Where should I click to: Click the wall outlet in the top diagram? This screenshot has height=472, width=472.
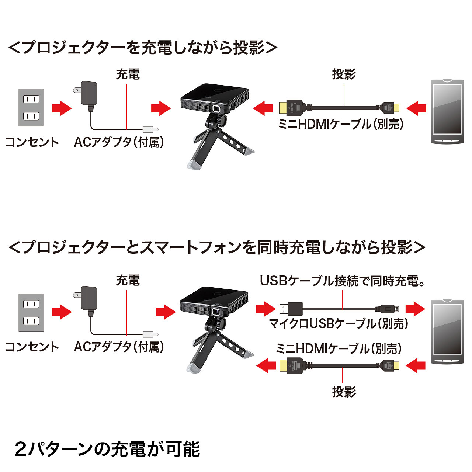pyautogui.click(x=31, y=108)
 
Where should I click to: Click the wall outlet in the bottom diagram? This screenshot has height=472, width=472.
pyautogui.click(x=31, y=312)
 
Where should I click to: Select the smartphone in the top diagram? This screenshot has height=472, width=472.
pyautogui.click(x=447, y=111)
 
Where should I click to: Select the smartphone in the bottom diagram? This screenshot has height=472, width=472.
pyautogui.click(x=447, y=332)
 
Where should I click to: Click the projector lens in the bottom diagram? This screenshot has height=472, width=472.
pyautogui.click(x=215, y=312)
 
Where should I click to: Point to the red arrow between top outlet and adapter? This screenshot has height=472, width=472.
pyautogui.click(x=62, y=108)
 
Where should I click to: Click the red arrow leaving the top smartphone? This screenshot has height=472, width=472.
pyautogui.click(x=416, y=108)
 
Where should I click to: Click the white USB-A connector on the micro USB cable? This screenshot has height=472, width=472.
pyautogui.click(x=284, y=309)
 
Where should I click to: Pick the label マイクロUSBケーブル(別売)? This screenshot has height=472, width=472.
pyautogui.click(x=339, y=323)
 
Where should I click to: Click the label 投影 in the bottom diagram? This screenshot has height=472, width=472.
pyautogui.click(x=344, y=392)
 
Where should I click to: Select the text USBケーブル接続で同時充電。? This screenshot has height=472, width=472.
pyautogui.click(x=343, y=281)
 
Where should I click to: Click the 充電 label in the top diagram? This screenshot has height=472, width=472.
pyautogui.click(x=128, y=74)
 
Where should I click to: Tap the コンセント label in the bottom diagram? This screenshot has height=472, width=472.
pyautogui.click(x=32, y=347)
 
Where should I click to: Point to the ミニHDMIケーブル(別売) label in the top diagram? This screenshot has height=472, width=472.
pyautogui.click(x=340, y=124)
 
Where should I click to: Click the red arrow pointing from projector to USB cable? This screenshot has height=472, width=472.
pyautogui.click(x=266, y=309)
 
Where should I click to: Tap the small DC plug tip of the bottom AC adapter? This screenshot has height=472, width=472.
pyautogui.click(x=151, y=334)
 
